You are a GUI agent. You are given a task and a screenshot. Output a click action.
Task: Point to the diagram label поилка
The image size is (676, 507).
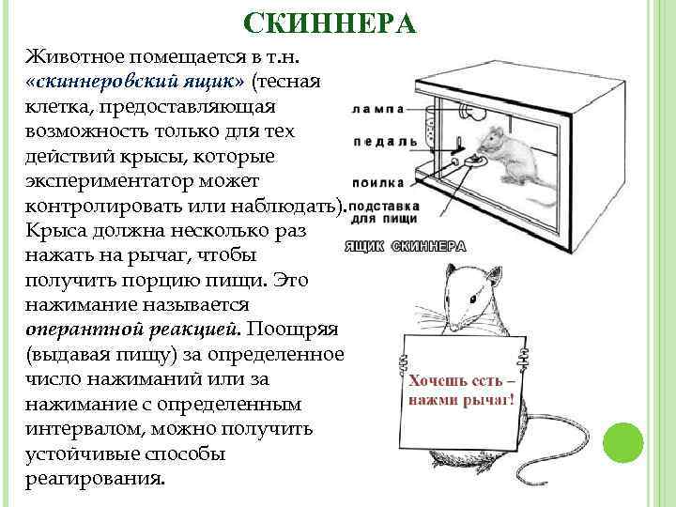379,182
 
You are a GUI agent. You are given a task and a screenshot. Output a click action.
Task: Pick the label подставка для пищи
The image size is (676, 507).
385,211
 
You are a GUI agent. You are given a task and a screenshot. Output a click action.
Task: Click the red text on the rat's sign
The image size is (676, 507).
460,392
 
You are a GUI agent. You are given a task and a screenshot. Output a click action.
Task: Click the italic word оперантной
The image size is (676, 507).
90,330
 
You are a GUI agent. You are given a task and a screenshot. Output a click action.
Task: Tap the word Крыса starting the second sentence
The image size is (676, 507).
54,229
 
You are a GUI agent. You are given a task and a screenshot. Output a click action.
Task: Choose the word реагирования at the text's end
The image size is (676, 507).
96,477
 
